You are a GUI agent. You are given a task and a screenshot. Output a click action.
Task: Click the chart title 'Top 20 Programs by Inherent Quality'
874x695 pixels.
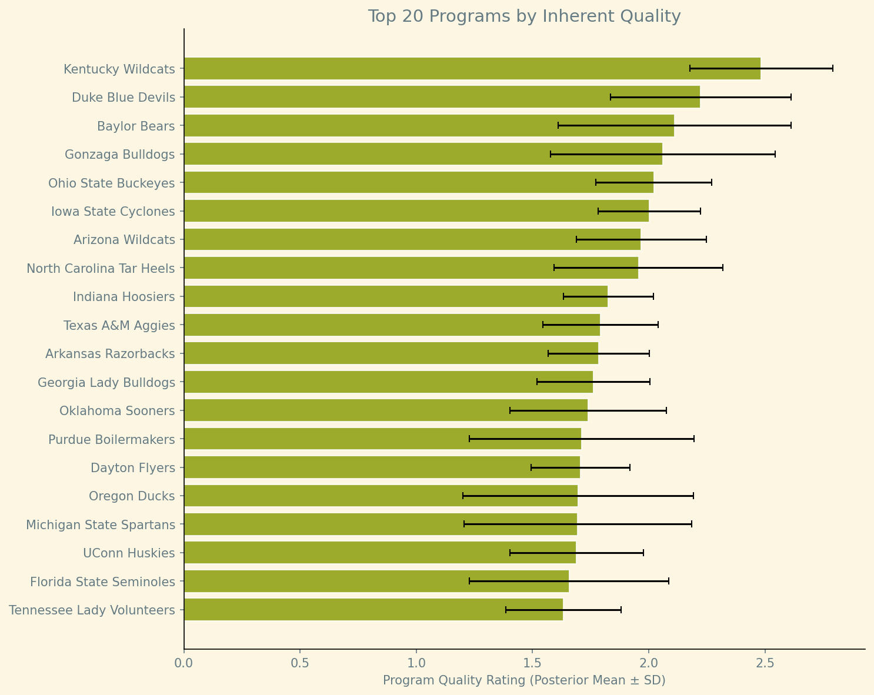coord(524,16)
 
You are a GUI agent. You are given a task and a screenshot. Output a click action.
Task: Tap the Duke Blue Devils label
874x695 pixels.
coord(124,98)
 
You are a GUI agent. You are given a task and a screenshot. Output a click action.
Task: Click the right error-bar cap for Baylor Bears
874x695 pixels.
coord(790,125)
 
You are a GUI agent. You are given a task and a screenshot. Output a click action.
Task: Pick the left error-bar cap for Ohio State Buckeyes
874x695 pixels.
coord(596,182)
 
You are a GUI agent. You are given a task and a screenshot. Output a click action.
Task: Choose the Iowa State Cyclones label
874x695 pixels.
coord(114,211)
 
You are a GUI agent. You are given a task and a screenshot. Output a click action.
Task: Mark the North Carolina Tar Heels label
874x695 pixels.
coord(101,269)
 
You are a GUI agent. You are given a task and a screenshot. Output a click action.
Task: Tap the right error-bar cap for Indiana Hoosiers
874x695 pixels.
coord(653,296)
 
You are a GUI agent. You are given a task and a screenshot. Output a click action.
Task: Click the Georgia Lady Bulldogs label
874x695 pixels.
coord(106,383)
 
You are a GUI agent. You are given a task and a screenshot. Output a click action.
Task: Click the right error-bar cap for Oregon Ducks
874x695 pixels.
coord(693,496)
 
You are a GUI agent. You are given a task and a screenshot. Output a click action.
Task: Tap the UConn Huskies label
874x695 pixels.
coord(129,553)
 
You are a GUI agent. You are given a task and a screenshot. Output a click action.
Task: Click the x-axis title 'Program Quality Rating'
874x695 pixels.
coord(524,681)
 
